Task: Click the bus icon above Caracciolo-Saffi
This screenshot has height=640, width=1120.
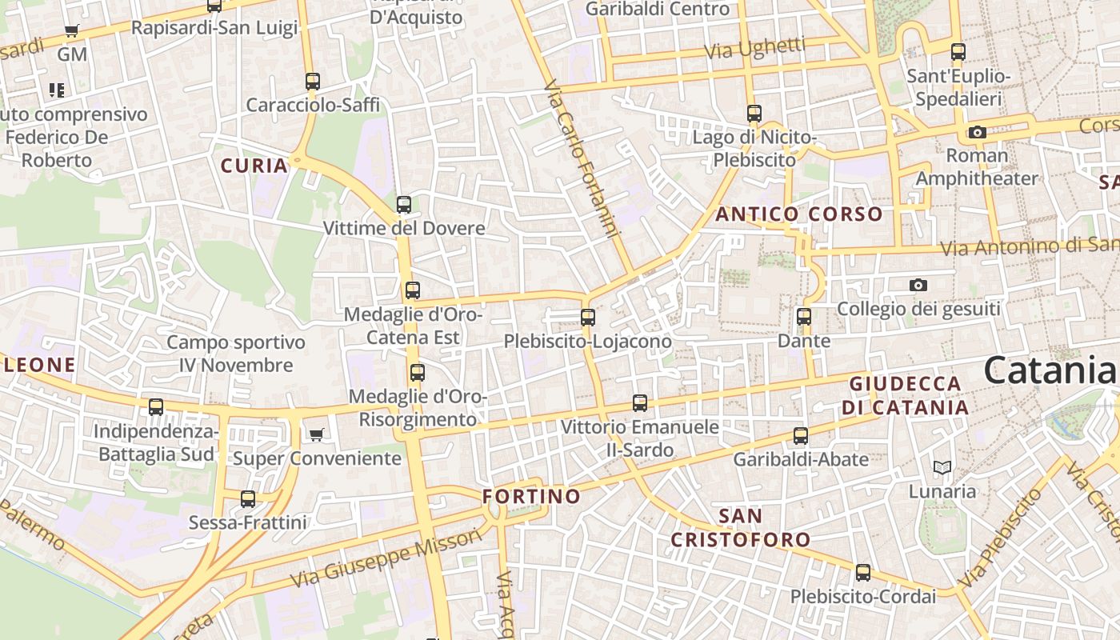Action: tap(313, 81)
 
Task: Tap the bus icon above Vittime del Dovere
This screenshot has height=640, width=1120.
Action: tap(404, 204)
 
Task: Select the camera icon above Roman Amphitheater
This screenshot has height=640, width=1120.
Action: tap(977, 132)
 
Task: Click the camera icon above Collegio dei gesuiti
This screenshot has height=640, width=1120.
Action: tap(918, 285)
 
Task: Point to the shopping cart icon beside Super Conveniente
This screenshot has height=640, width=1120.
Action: tap(317, 434)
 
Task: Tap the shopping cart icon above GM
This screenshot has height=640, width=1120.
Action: tap(72, 31)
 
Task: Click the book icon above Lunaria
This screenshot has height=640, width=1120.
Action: tap(942, 467)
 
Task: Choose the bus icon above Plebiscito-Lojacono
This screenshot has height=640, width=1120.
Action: tap(588, 317)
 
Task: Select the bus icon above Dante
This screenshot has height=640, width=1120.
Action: tap(804, 316)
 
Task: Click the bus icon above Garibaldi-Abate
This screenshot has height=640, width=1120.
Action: tap(801, 435)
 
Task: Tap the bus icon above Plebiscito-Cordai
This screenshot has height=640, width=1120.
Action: tap(863, 572)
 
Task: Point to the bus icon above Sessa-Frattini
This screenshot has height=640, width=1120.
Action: tap(248, 498)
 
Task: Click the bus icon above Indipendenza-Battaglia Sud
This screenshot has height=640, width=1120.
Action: tap(156, 406)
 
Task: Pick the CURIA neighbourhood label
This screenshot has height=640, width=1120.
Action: tap(254, 166)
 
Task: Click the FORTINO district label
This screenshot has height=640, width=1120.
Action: tap(531, 496)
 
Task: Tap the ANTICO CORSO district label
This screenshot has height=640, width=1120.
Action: tap(798, 214)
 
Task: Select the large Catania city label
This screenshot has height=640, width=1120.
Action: tap(1049, 370)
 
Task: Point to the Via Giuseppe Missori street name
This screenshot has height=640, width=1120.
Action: tap(386, 558)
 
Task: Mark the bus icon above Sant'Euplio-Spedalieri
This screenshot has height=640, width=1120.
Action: tap(958, 52)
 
